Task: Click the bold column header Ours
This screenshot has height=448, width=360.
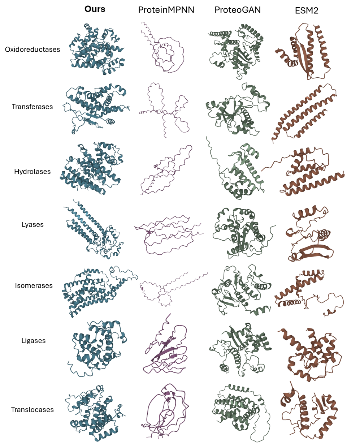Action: tap(95, 9)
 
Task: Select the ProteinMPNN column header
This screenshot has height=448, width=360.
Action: tap(166, 10)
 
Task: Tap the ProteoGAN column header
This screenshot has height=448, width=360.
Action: tap(238, 10)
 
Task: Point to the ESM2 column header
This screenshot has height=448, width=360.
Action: tap(307, 10)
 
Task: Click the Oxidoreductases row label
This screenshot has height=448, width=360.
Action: tap(32, 49)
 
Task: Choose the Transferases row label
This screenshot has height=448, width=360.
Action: tap(32, 107)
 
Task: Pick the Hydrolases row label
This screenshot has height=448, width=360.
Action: tap(32, 172)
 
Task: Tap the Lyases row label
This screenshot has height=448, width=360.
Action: tap(32, 224)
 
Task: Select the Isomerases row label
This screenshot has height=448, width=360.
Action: tap(34, 286)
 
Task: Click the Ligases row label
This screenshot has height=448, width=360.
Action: tap(33, 341)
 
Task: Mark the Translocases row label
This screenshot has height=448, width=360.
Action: tap(32, 410)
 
